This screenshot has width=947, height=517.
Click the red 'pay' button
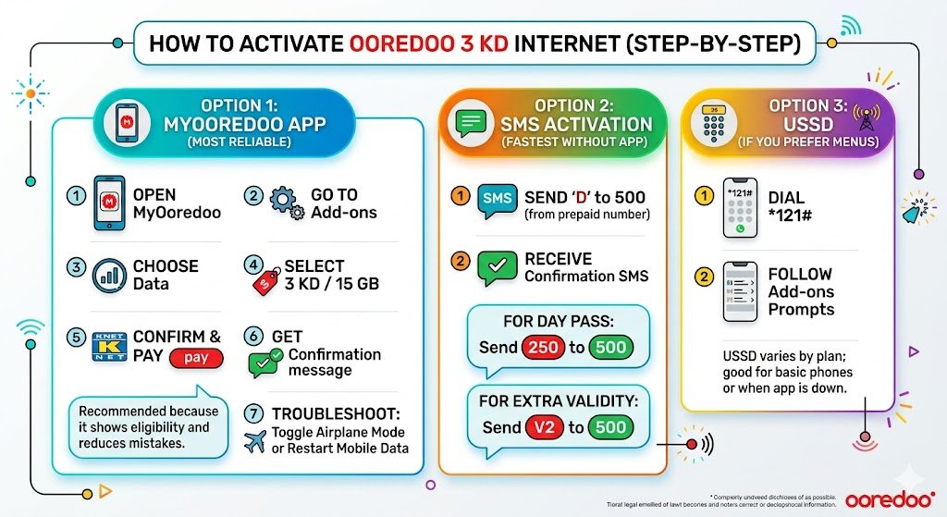(x=196, y=358)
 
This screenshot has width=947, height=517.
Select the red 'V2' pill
(x=539, y=427)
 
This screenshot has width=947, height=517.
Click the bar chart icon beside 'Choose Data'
(x=110, y=276)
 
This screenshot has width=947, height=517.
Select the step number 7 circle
(x=252, y=414)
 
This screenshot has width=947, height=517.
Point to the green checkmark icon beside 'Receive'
(x=498, y=267)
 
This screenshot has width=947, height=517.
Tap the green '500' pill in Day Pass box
(x=610, y=348)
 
